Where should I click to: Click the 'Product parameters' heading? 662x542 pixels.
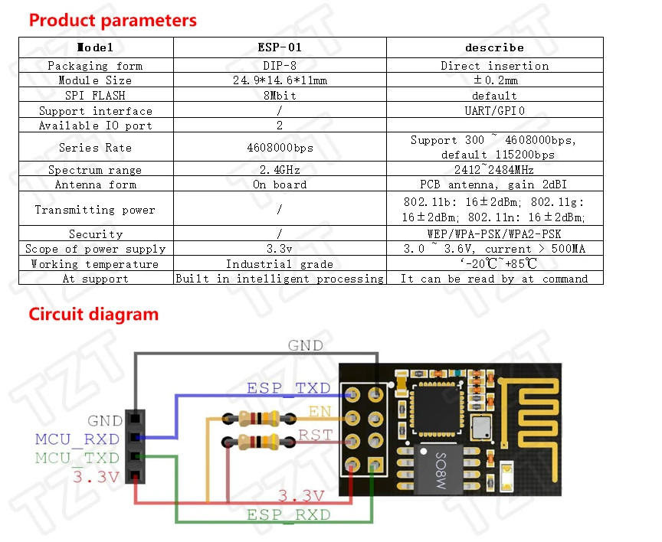113,20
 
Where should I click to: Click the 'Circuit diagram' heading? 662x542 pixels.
93,314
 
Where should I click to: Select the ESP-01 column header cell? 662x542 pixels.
280,47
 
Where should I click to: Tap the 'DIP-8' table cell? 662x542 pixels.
280,66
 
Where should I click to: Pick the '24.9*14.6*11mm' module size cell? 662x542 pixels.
280,80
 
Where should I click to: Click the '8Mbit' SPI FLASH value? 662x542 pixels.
280,96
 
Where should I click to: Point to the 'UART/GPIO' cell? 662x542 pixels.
494,111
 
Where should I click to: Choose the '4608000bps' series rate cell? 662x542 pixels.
280,148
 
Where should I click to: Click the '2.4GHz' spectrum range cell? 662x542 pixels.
280,170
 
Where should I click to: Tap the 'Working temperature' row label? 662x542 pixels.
95,264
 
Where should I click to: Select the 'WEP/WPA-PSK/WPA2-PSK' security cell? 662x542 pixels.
494,234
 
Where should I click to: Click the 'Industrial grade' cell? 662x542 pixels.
280,264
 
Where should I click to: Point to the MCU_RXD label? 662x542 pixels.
77,439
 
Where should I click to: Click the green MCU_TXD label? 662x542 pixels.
77,458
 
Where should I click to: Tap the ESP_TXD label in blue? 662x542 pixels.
288,388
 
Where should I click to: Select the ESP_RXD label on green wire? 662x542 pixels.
288,515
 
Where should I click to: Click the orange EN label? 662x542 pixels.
320,412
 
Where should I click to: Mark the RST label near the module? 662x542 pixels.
315,436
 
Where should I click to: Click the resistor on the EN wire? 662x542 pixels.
257,418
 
